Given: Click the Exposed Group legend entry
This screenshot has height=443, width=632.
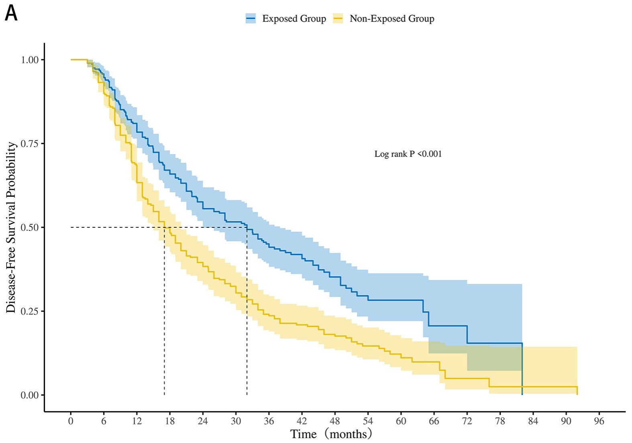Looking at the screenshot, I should [x=286, y=19].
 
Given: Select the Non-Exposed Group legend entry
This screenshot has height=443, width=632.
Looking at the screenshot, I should [x=384, y=19].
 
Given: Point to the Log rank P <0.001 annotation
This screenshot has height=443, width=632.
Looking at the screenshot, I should [x=408, y=154].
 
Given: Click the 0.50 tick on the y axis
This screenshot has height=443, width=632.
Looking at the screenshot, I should [x=30, y=227].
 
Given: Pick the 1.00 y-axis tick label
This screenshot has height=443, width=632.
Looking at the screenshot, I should [x=30, y=60].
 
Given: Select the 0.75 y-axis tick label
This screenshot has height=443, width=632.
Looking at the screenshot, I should [x=30, y=143].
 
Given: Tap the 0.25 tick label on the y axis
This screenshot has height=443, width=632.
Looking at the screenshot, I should [x=30, y=311].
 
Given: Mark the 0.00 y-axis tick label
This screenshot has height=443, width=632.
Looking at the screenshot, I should [x=30, y=395].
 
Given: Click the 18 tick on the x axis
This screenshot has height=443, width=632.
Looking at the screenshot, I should [x=170, y=421].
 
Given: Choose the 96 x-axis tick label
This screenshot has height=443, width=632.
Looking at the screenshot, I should [x=599, y=421].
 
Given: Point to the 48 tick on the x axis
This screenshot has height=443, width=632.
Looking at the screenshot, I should [x=335, y=421].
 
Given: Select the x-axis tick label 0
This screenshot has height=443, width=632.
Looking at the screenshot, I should [x=71, y=421].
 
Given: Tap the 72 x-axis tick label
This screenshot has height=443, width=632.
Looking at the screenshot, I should [x=467, y=421].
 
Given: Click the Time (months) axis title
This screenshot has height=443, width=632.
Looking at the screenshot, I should [x=331, y=434].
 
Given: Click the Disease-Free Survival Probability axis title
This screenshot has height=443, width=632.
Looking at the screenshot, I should [x=11, y=227].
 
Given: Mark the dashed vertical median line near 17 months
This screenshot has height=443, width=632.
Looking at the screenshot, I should [x=164, y=313].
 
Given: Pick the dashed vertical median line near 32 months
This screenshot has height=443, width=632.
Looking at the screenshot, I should [x=247, y=313].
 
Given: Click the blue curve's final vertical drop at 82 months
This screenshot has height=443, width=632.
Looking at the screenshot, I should [x=522, y=370].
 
